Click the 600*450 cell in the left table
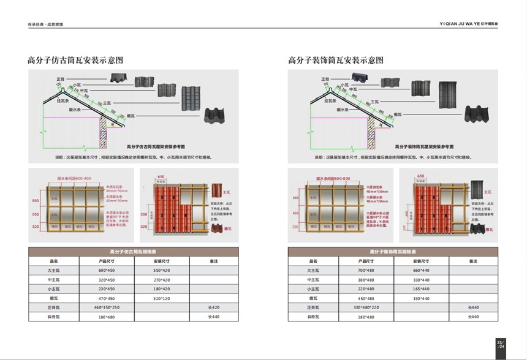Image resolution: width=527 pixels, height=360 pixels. click(x=107, y=270)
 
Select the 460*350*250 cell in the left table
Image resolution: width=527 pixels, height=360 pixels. click(x=107, y=307)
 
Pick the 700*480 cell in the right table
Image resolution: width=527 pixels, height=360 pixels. click(x=365, y=270)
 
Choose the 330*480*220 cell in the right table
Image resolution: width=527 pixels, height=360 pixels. click(x=365, y=307)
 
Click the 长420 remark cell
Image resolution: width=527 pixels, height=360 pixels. click(x=214, y=307)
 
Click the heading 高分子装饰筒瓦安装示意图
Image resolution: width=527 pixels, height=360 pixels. click(x=336, y=60)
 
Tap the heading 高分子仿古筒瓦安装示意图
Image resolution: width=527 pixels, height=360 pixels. click(x=75, y=60)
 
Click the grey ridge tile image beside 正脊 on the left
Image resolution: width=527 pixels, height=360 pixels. click(x=116, y=78)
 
